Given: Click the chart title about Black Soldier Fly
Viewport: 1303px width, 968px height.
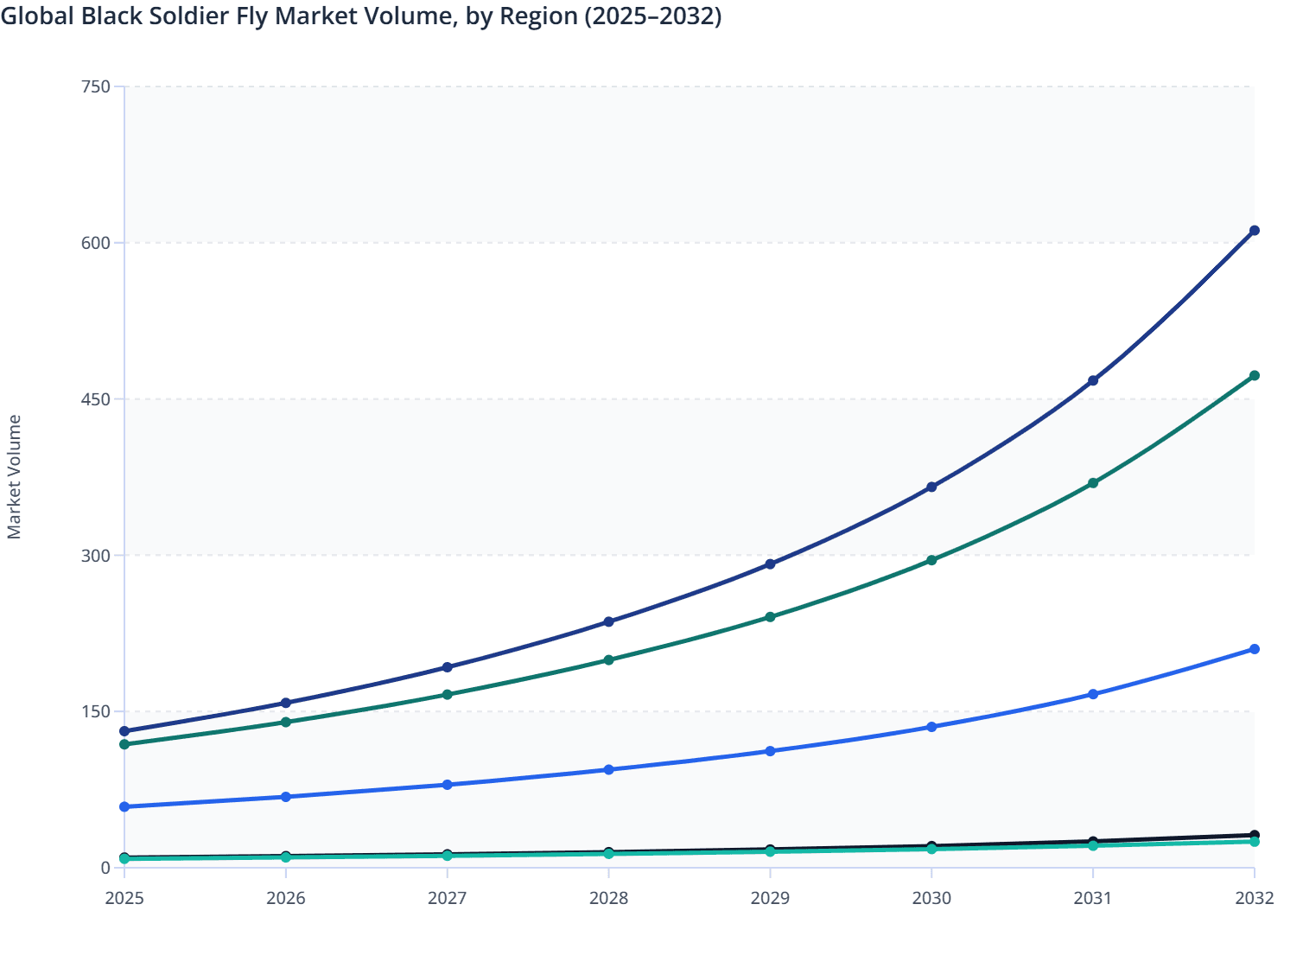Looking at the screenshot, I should pyautogui.click(x=361, y=16).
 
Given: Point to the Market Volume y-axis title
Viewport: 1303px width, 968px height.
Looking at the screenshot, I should pyautogui.click(x=15, y=477).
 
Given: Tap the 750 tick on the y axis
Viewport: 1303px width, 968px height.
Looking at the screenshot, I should pyautogui.click(x=96, y=86).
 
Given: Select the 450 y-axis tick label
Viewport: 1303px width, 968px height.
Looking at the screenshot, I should pyautogui.click(x=96, y=399).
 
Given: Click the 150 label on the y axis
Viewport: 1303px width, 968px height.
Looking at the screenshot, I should pyautogui.click(x=96, y=712).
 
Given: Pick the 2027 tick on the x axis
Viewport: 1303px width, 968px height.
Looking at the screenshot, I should pyautogui.click(x=447, y=899).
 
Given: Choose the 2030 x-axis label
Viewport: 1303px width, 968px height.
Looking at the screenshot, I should pyautogui.click(x=931, y=899).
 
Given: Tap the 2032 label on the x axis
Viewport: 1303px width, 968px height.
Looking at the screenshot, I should pyautogui.click(x=1255, y=899).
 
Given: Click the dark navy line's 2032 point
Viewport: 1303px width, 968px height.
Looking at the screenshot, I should pyautogui.click(x=1255, y=231).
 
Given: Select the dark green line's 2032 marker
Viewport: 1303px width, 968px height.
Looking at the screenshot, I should pyautogui.click(x=1255, y=376).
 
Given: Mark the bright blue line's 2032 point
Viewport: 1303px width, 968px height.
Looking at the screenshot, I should pyautogui.click(x=1255, y=649).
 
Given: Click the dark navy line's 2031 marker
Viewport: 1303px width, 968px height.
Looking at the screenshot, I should pyautogui.click(x=1093, y=380).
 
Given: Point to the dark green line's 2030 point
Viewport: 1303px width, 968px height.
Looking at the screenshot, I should pyautogui.click(x=931, y=560).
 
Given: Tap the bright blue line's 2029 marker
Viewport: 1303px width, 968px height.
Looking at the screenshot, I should pyautogui.click(x=770, y=751).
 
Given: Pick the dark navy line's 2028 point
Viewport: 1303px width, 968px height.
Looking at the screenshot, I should pyautogui.click(x=608, y=621).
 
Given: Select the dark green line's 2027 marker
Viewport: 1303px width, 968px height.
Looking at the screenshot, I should pyautogui.click(x=447, y=695).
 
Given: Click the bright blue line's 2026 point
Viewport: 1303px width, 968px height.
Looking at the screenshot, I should pyautogui.click(x=285, y=797).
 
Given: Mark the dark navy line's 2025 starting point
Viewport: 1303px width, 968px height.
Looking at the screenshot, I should pyautogui.click(x=124, y=731).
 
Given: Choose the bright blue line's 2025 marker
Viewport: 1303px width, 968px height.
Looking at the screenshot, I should pyautogui.click(x=124, y=806).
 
